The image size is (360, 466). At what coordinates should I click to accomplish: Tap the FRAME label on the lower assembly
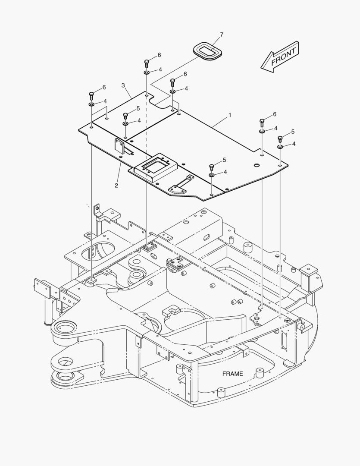[232, 374]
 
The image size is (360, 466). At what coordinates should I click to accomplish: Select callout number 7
[222, 35]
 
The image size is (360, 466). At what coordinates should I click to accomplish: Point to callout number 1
[230, 115]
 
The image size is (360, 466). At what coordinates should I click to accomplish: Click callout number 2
[116, 186]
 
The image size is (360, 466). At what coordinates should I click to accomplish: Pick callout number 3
[123, 85]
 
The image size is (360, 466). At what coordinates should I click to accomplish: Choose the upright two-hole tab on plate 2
[119, 145]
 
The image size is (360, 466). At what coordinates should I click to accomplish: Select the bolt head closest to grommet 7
[173, 81]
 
